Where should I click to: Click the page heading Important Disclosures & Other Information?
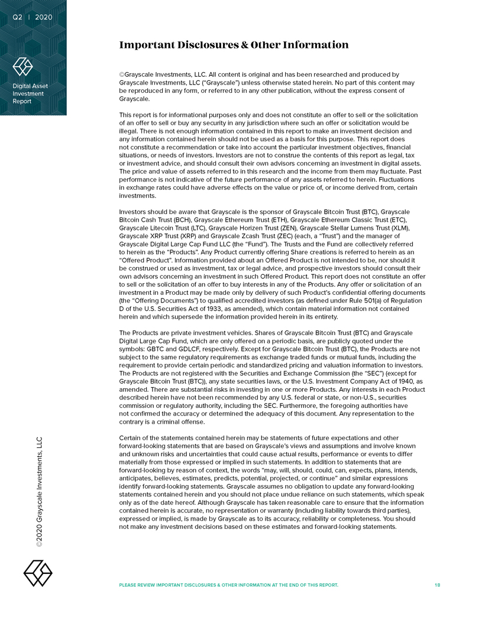[234, 45]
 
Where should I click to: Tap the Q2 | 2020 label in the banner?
[33, 17]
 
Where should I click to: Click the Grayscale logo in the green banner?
[22, 66]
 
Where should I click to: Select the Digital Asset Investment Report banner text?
[30, 93]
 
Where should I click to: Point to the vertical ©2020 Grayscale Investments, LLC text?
[40, 492]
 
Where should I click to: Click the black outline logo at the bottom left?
[37, 573]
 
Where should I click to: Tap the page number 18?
[437, 584]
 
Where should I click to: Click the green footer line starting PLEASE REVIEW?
[229, 584]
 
